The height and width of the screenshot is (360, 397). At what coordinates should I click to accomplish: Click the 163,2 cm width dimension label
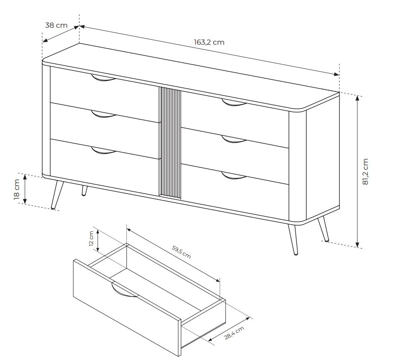coord(209,42)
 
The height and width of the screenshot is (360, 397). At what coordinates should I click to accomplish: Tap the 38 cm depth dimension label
coord(56,25)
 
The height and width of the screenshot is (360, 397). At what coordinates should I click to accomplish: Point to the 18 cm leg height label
coord(17,190)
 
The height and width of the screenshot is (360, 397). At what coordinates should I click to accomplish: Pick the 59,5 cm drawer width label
coord(181,252)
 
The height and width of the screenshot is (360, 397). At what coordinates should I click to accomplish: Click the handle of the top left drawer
coord(103,78)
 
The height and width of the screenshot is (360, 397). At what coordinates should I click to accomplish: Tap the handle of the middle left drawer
coord(103,115)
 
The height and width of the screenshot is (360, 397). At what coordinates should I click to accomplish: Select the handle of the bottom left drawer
coord(103,151)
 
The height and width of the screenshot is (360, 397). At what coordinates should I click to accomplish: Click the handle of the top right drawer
coord(234,103)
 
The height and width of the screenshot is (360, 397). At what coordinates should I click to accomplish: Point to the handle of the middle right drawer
coord(234,139)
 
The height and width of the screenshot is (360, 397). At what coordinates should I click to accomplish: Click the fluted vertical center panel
coord(170,143)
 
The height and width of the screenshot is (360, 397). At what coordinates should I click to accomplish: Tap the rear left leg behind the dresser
coord(84,190)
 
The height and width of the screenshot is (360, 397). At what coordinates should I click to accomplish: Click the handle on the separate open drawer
coord(124,290)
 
